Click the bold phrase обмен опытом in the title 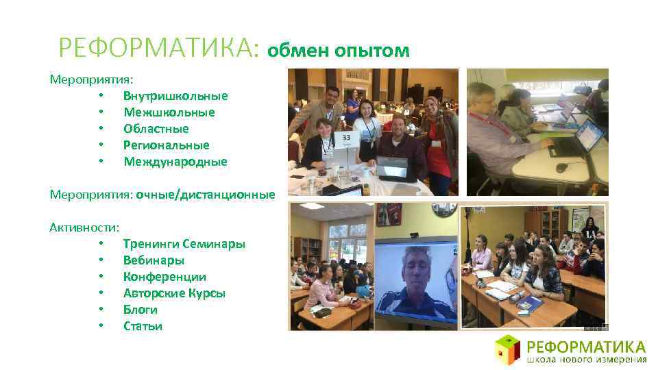pos(339,50)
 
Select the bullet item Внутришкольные pos(175,96)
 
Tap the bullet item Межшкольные pos(169,112)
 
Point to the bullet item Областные pos(156,129)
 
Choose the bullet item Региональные pos(166,145)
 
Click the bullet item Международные pos(175,162)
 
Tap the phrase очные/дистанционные pos(205,195)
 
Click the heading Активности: pos(84,227)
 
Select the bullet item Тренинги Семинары pos(184,244)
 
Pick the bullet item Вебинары pos(154,260)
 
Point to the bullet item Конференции pos(164,277)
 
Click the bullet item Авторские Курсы pos(174,293)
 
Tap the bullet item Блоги pos(140,310)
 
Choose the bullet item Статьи pos(143,326)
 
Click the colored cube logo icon pos(508,349)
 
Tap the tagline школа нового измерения pos(587,359)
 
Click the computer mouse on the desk pos(561,167)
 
